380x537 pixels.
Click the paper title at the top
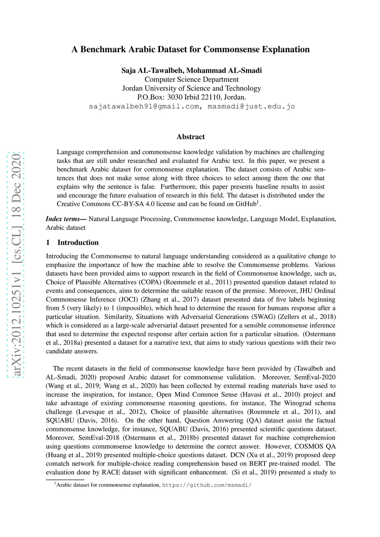tap(190, 49)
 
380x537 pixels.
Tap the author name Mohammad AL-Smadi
tap(224, 70)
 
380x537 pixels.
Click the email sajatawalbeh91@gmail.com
tap(144, 106)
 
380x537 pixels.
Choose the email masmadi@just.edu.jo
tap(251, 106)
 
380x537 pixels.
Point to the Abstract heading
tap(191, 137)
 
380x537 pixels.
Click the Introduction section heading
tap(78, 243)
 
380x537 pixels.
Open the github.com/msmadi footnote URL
tap(207, 485)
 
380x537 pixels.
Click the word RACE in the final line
tap(111, 473)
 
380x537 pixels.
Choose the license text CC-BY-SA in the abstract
tap(126, 204)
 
